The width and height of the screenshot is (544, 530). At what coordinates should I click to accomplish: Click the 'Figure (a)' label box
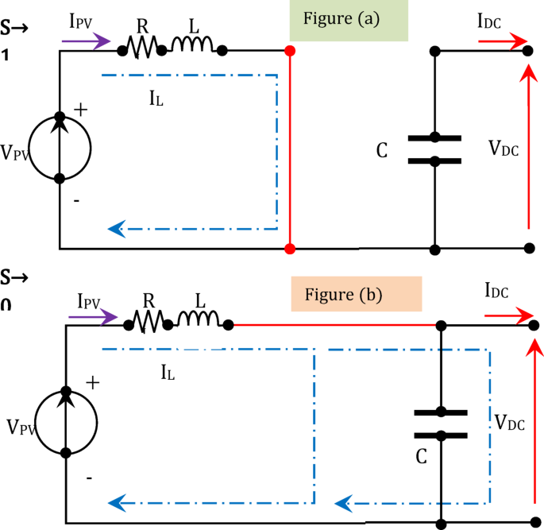[348, 20]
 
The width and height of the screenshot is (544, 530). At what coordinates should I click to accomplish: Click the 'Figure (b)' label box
[355, 294]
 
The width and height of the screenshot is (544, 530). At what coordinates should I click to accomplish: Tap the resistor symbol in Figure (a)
[142, 49]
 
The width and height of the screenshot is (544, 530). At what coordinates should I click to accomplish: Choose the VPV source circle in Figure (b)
[66, 422]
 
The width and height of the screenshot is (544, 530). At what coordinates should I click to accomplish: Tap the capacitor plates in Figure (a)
[434, 149]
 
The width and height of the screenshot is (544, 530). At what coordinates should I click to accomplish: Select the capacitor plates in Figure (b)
[441, 424]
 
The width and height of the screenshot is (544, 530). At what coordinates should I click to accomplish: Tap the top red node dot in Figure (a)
[290, 51]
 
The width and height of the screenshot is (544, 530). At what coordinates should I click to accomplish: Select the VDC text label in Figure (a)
[503, 148]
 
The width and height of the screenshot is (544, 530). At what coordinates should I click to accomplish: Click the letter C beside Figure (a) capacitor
[382, 151]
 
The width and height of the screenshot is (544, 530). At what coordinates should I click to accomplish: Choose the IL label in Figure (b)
[168, 369]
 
